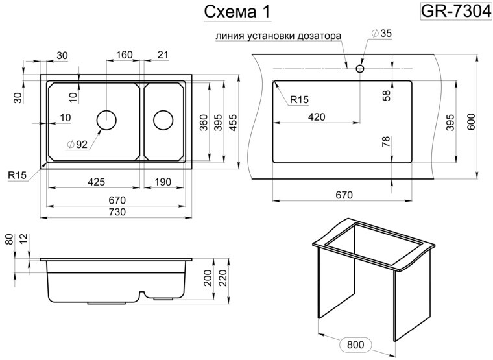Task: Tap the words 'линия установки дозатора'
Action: point(277,36)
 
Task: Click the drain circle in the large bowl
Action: point(106,120)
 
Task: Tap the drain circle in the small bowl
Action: point(163,120)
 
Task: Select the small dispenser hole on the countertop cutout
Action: point(360,67)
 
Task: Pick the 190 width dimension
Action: point(162,182)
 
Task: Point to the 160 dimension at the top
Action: point(124,55)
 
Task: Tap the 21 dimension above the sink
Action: point(163,55)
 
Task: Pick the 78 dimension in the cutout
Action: point(387,142)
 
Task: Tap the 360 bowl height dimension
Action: point(203,122)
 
